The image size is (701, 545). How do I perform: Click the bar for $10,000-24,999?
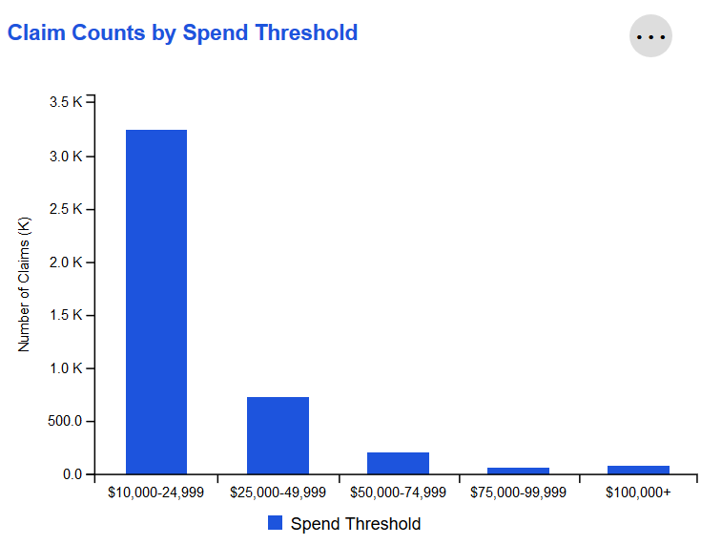click(x=156, y=302)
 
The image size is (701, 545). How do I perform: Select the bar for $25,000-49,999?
click(x=278, y=435)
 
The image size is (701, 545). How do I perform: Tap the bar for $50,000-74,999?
click(x=398, y=463)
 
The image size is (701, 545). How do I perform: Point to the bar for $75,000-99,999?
click(x=518, y=471)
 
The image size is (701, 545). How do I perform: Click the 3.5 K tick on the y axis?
click(x=65, y=103)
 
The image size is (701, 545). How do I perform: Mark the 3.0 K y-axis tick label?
click(x=65, y=156)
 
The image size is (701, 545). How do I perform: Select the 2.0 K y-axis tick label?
click(x=65, y=262)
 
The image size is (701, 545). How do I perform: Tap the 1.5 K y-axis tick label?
click(x=65, y=315)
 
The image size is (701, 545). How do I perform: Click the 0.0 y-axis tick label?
click(x=72, y=474)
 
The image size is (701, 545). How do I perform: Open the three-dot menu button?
click(x=650, y=36)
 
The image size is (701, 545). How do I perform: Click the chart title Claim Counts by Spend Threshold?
click(x=182, y=32)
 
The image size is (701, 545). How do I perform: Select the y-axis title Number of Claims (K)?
click(x=25, y=284)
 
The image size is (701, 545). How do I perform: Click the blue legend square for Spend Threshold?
click(x=276, y=523)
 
